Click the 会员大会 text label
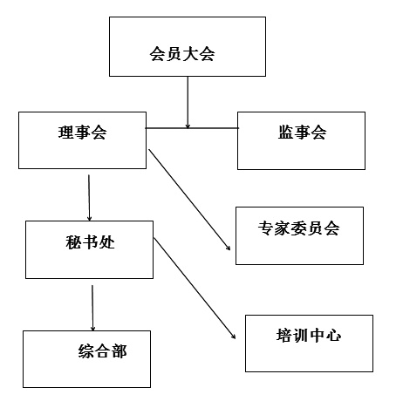point(182,54)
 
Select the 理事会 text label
point(82,133)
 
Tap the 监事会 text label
point(302,133)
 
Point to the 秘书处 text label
point(90,242)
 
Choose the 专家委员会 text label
point(298,228)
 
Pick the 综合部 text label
point(102,350)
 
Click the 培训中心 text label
point(309,335)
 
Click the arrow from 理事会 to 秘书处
point(89,198)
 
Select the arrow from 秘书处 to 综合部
point(92,308)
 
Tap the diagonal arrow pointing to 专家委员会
point(189,200)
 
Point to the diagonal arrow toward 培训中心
point(195,289)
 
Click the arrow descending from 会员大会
point(188,102)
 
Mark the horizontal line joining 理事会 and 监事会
point(192,128)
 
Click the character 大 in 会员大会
point(190,54)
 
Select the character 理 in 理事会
point(66,133)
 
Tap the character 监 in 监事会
point(286,133)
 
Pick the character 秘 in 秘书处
point(73,242)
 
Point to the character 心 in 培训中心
point(333,335)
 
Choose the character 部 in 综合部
point(120,350)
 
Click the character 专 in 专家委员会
point(266,228)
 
